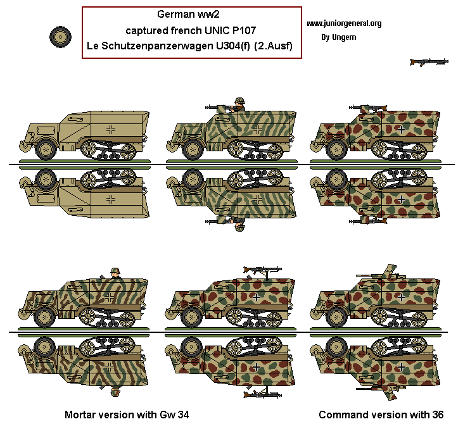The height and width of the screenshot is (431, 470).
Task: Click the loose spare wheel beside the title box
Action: [x=60, y=36]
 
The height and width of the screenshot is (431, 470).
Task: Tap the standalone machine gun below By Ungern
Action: [x=429, y=62]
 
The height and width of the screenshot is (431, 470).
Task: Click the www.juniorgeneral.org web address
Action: [x=344, y=23]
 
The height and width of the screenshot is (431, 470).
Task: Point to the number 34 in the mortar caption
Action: [x=182, y=415]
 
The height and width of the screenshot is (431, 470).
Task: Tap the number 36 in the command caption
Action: [x=437, y=415]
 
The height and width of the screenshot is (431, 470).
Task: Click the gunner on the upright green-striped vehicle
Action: [x=238, y=105]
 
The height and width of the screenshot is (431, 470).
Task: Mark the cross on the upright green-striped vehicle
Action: [x=257, y=130]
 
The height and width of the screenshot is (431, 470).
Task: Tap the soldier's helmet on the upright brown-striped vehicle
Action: [x=115, y=272]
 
